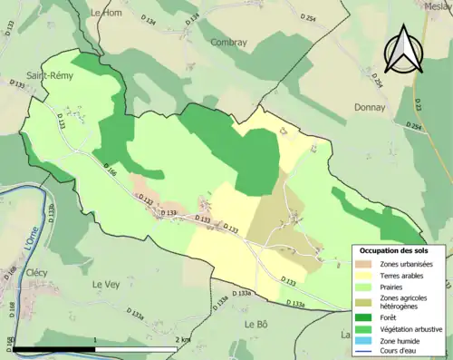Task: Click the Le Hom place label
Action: coord(107,13)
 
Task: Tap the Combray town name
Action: coord(227,42)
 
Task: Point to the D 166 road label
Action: coord(111,170)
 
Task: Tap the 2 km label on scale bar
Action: coord(184,339)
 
